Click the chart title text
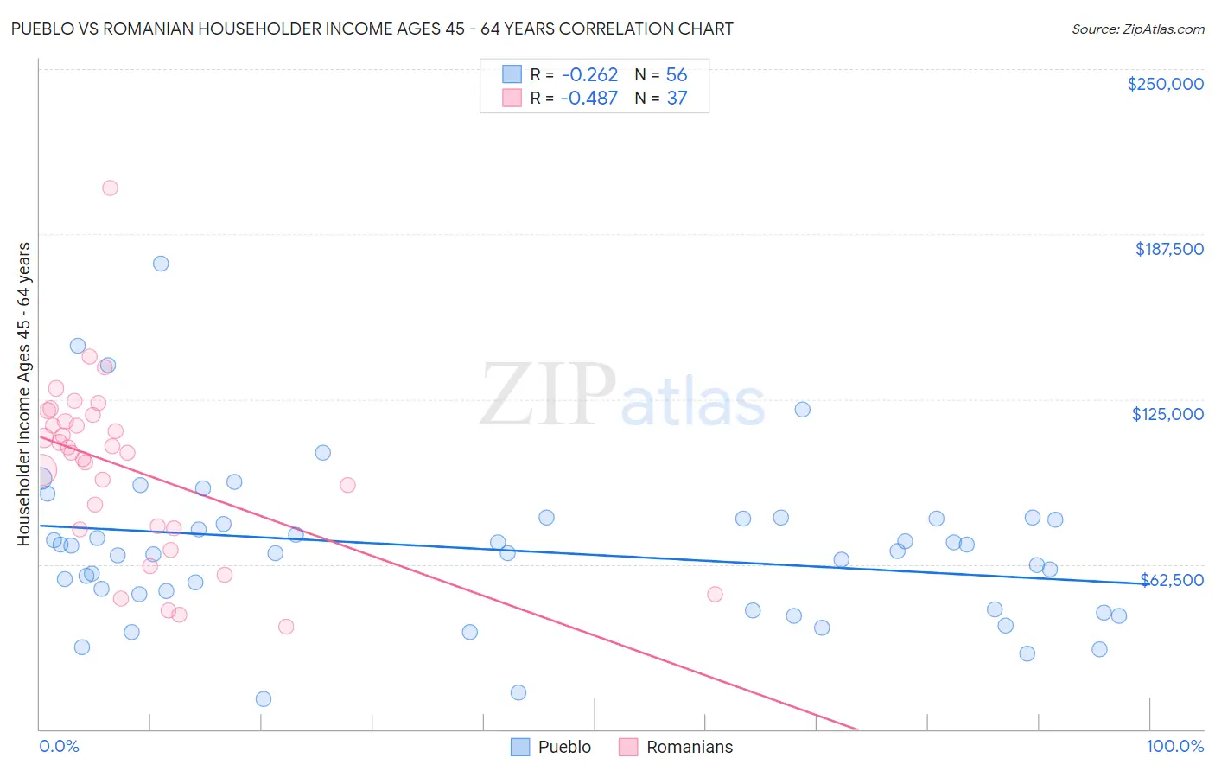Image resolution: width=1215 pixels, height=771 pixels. [372, 29]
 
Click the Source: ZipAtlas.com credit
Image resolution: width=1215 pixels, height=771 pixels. [1137, 29]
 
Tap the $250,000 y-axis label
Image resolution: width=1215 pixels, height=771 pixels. [1165, 84]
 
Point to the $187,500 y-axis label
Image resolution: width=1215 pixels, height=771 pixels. [1168, 249]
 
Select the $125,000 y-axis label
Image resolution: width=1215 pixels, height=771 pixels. [1167, 414]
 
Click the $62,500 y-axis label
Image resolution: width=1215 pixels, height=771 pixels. [1172, 580]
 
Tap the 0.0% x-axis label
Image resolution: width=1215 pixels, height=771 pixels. [59, 746]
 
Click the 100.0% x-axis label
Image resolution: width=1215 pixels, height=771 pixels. [1174, 746]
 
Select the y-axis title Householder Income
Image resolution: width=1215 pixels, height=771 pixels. [23, 393]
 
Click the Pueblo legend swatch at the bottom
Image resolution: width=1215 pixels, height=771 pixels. [520, 747]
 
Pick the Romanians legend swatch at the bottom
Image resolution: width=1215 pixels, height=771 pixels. [628, 747]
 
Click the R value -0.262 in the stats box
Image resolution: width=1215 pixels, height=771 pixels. [588, 75]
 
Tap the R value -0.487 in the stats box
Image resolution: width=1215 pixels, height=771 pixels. [588, 99]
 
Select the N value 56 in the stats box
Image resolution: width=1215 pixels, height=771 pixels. [677, 75]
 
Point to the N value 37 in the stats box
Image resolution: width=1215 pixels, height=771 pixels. [677, 99]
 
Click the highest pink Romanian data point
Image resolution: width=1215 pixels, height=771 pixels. [110, 188]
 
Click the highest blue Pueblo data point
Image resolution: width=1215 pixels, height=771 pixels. [161, 264]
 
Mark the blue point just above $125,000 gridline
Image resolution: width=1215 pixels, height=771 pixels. [802, 410]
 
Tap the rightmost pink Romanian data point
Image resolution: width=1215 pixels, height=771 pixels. [715, 594]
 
